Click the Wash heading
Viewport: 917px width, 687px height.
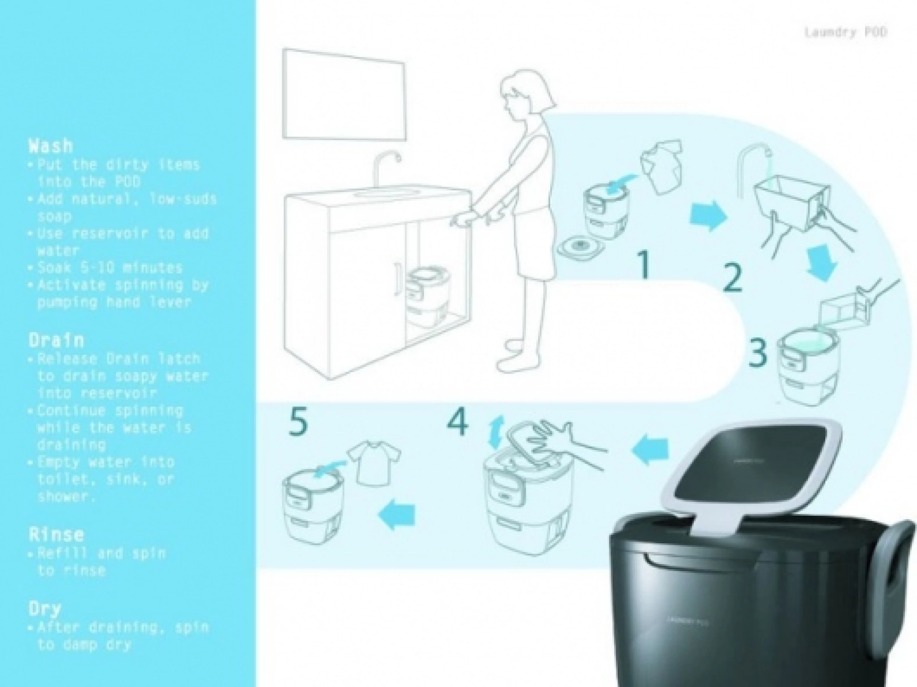[51, 146]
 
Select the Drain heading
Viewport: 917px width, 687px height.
[56, 340]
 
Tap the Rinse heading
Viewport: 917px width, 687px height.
[56, 534]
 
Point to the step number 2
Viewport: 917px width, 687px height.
[733, 278]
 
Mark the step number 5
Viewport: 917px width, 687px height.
[298, 422]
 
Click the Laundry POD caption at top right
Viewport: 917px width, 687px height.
[845, 32]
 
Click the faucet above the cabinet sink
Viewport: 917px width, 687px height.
[96, 168]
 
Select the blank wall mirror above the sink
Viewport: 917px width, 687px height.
[343, 95]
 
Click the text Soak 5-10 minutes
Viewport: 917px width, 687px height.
[110, 268]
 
